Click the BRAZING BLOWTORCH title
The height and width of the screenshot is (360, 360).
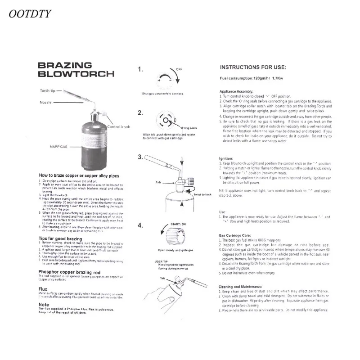(75, 70)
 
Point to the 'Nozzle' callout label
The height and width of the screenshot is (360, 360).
(46, 102)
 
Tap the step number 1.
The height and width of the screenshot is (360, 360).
(141, 69)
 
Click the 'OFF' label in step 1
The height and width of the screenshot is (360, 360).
(179, 70)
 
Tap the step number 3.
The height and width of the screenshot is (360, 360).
(140, 157)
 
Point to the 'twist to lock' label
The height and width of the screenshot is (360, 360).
(202, 194)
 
